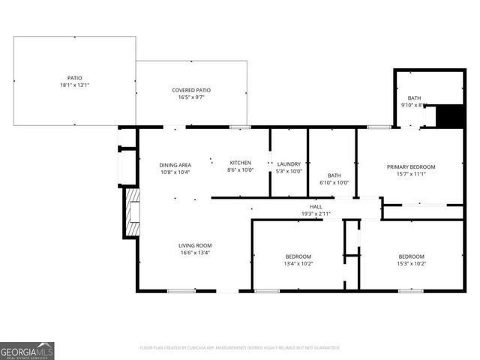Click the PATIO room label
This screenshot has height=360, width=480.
pos(74,78)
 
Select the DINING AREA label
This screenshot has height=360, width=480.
pos(175,165)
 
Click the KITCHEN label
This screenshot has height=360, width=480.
pos(240,163)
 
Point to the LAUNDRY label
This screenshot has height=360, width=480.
pos(289,164)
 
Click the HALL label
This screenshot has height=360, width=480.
pos(316,207)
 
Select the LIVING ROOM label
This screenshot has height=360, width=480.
pos(195,245)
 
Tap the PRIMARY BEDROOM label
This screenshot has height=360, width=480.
pos(410,166)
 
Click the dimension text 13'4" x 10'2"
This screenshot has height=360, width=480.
pos(298,263)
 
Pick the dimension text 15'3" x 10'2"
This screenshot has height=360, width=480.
pos(411,263)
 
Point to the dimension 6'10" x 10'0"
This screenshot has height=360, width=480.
pos(334,182)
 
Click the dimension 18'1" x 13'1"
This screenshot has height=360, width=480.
pos(74,85)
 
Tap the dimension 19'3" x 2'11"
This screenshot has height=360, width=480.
pos(316,214)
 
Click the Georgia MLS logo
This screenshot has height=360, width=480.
pos(27,350)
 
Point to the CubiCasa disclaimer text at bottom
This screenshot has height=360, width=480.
pos(240,348)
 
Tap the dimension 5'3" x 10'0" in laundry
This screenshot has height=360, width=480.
pos(289,171)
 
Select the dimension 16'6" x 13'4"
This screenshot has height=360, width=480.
pos(195,253)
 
